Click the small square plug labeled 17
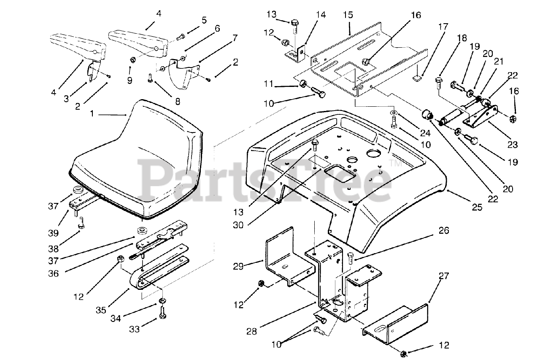pyautogui.click(x=418, y=77)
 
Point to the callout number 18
pyautogui.click(x=462, y=38)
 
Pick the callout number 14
pyautogui.click(x=321, y=15)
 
